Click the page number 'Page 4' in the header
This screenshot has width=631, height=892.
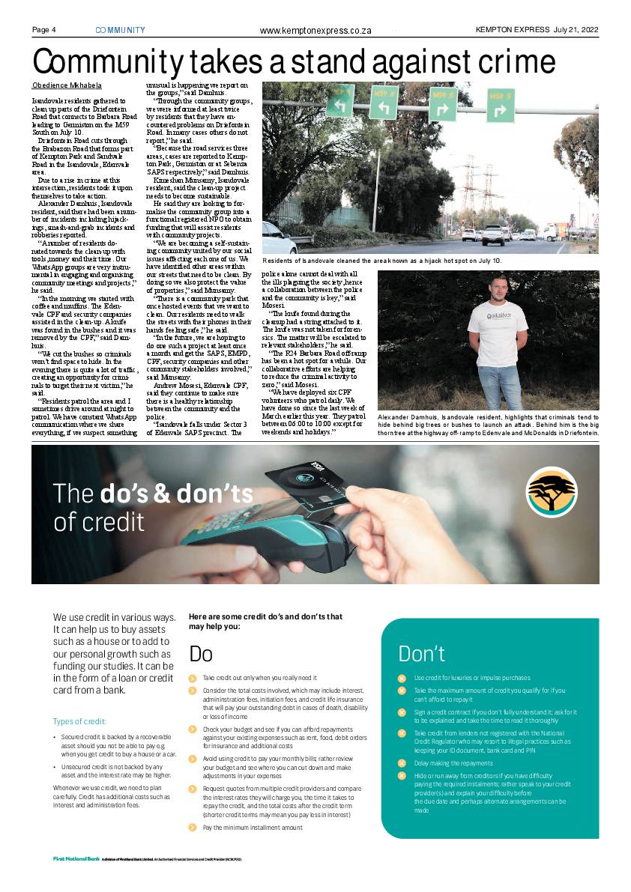pyautogui.click(x=44, y=30)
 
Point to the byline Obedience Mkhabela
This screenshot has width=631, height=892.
pyautogui.click(x=67, y=85)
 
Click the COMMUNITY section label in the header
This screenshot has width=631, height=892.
pyautogui.click(x=121, y=30)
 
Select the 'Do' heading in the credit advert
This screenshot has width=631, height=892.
pyautogui.click(x=201, y=654)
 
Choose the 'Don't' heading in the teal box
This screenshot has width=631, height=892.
pyautogui.click(x=421, y=654)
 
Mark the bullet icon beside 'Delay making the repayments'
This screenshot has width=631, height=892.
pyautogui.click(x=402, y=763)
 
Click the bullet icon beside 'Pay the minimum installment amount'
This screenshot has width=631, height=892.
pyautogui.click(x=192, y=828)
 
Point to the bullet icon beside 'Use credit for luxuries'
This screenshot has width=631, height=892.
pyautogui.click(x=402, y=677)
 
